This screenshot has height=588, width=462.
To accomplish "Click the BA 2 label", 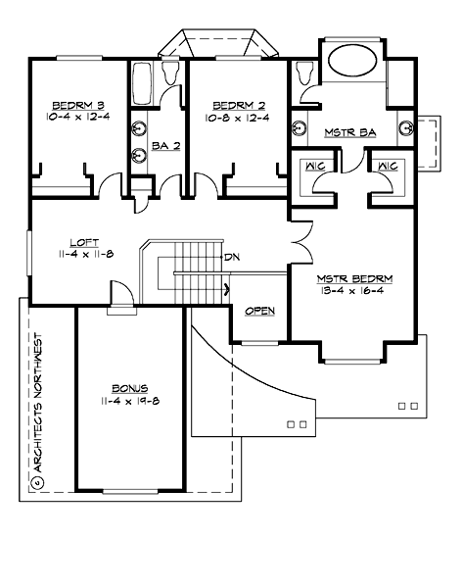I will pos(165,146).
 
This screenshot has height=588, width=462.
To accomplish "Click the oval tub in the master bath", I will pos(356,63).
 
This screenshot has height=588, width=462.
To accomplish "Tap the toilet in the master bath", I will pos(302,73).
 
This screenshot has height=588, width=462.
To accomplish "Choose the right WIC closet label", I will pos(387,166).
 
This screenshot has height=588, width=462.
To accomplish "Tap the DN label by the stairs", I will pos(232,257).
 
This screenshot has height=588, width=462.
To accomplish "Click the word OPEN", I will pos(259,312).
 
